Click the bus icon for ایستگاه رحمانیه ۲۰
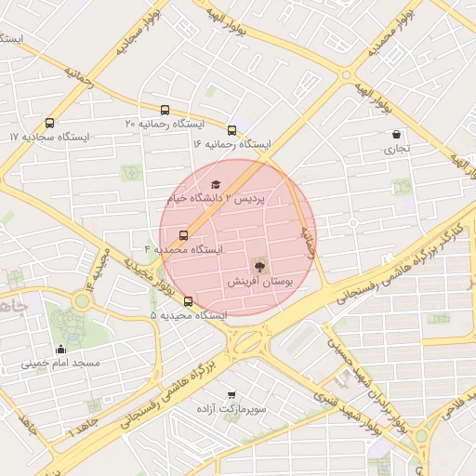pos(165,110)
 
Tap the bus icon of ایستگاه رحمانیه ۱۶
pos(231,130)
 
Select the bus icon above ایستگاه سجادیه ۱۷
pos(49,123)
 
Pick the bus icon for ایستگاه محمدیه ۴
pos(183,235)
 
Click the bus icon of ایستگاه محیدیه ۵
pos(189,301)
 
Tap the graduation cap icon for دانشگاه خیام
pos(216,185)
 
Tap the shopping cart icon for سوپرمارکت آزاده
pos(231,395)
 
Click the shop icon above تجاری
pos(397,134)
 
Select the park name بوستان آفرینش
pos(259,280)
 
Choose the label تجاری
pos(397,148)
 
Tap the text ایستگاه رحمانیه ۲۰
pos(165,124)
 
